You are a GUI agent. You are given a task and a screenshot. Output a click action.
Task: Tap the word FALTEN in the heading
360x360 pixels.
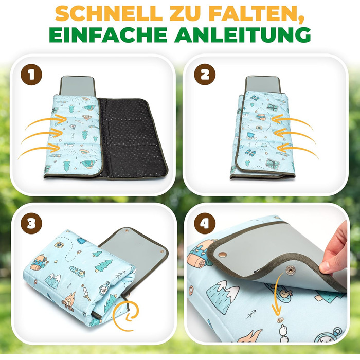pos(257,14)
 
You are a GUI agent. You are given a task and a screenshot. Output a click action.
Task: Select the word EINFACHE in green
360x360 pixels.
pos(108,35)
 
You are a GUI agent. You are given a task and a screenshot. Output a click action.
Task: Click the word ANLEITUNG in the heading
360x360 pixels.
pos(242,35)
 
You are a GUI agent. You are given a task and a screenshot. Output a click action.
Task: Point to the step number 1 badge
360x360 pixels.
pos(31,75)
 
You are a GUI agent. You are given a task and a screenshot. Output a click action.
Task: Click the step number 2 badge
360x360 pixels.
pos(205,75)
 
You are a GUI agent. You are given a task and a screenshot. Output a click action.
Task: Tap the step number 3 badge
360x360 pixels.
pos(31,223)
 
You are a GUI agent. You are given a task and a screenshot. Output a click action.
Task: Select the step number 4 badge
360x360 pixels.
pos(205,223)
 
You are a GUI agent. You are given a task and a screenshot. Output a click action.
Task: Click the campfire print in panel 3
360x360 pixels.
pos(69,301)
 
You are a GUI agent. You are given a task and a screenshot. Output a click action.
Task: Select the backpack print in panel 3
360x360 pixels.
pos(40,263)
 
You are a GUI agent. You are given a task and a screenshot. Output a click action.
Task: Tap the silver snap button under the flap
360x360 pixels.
pos(291,270)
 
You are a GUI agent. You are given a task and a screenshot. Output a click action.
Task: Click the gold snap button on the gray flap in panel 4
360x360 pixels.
pos(223,255)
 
